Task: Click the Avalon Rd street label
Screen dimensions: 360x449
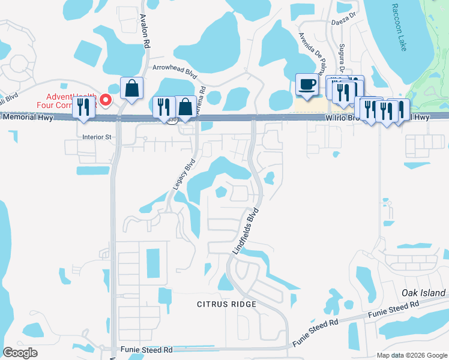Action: pos(145,31)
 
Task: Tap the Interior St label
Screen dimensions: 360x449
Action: pos(97,137)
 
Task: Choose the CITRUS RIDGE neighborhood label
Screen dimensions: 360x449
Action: pos(227,304)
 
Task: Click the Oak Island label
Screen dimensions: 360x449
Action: pos(424,293)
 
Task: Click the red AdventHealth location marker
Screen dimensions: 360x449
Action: pos(106,100)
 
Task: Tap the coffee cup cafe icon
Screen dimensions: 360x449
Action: pos(307,85)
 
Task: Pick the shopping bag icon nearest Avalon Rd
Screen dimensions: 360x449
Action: pos(131,89)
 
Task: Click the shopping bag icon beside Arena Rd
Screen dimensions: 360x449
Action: pos(185,108)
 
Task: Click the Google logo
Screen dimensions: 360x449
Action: pos(20,353)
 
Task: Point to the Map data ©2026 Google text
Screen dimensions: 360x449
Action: pos(411,355)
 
